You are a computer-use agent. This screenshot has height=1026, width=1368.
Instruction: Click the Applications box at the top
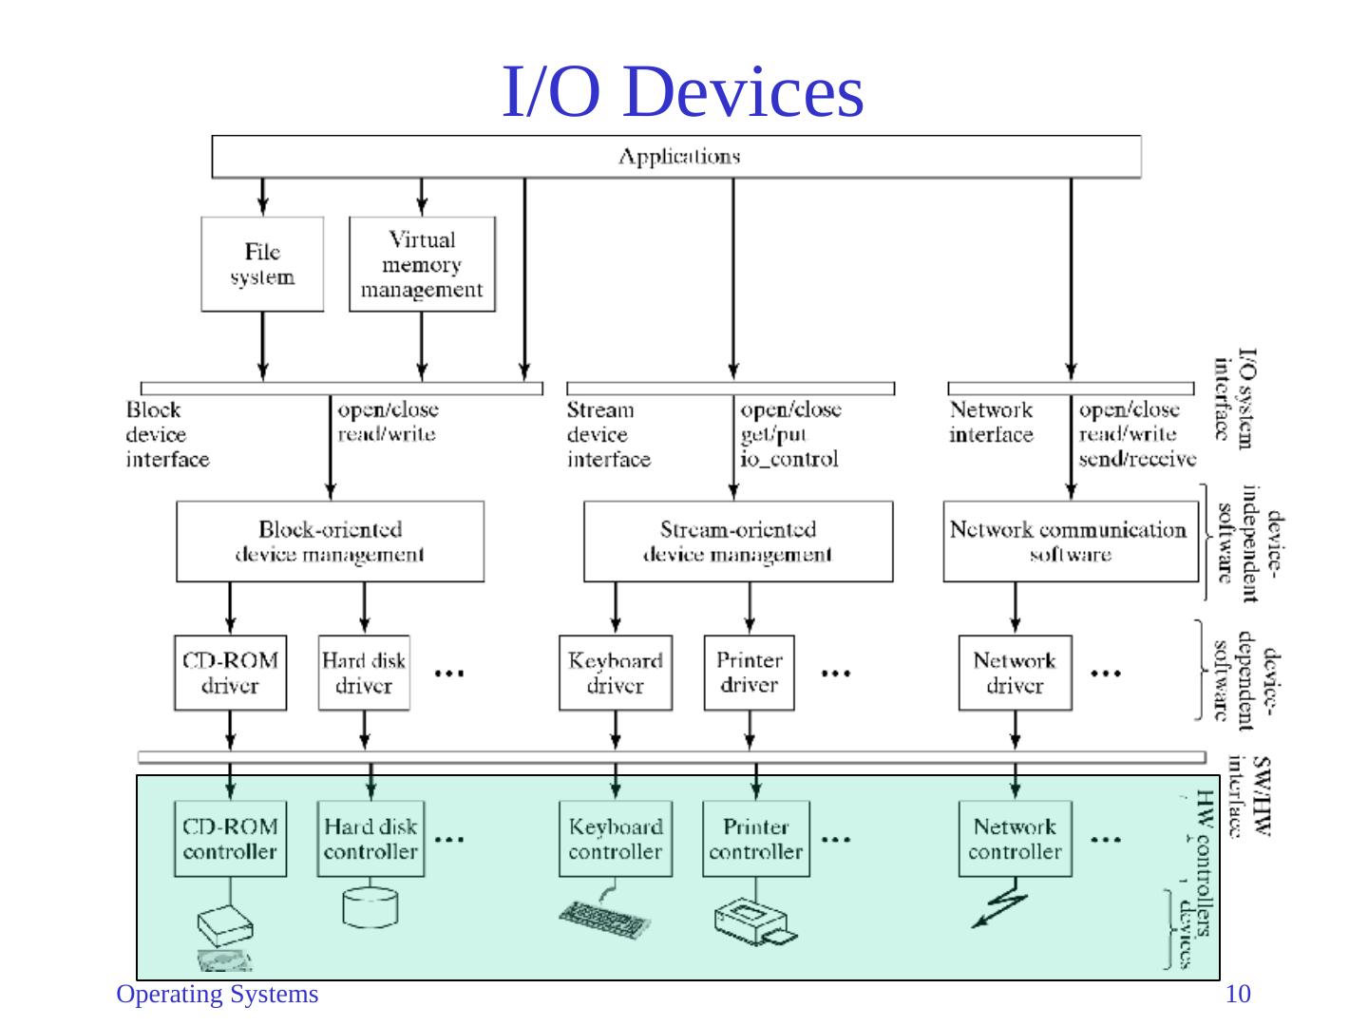click(x=676, y=157)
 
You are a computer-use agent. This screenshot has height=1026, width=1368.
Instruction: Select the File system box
click(x=262, y=264)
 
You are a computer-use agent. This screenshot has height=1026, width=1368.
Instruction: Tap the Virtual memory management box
click(x=422, y=264)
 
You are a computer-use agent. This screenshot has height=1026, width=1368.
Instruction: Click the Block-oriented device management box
click(x=330, y=541)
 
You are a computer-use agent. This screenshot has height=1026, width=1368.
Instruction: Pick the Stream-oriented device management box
click(x=738, y=541)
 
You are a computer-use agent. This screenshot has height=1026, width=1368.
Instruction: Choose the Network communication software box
click(x=1070, y=541)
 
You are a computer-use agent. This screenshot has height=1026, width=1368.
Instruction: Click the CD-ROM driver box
click(x=230, y=673)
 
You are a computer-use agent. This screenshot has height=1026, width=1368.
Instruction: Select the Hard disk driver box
click(x=364, y=673)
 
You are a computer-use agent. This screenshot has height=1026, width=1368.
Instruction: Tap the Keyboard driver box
click(x=615, y=673)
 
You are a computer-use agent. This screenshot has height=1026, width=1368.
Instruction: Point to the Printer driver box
click(x=749, y=673)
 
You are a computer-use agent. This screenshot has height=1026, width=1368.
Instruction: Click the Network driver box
click(x=1015, y=673)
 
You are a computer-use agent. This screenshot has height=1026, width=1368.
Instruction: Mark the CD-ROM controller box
click(x=230, y=839)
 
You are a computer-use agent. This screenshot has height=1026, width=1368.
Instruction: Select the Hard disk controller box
click(x=370, y=839)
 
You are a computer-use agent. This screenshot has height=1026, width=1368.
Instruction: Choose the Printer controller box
click(x=755, y=839)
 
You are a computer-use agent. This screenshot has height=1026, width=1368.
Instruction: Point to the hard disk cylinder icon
click(x=370, y=905)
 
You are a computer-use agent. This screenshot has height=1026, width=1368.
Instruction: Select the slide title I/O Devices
click(x=682, y=92)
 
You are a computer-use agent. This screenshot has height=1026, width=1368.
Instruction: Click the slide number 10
click(x=1238, y=995)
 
